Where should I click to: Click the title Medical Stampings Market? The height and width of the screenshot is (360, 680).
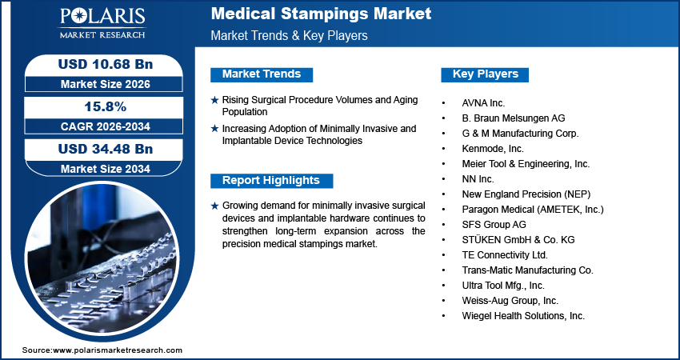(x=321, y=14)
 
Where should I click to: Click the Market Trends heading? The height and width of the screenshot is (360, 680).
(x=261, y=74)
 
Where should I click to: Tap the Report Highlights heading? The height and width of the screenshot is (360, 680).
(x=270, y=181)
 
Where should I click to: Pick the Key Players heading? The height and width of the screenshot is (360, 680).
(x=485, y=74)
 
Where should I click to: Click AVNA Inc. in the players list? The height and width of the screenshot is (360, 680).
(x=483, y=103)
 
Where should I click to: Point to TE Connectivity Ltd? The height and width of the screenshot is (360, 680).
(x=505, y=255)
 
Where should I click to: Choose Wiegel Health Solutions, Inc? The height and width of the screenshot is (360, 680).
(x=523, y=316)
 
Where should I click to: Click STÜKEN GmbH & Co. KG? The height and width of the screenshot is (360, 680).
(x=518, y=240)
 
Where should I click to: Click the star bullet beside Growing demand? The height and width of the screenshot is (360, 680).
(x=214, y=206)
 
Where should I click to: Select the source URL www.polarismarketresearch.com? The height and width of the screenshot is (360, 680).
(x=118, y=350)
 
